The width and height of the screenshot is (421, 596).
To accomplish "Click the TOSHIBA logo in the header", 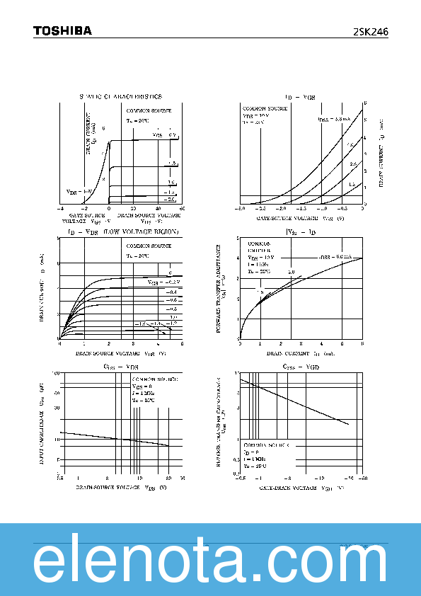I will point(62,31).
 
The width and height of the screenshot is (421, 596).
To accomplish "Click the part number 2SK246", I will point(370,32).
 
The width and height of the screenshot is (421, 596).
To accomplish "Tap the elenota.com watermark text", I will point(210,562).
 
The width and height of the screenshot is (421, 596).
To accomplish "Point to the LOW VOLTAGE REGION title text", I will point(142,232).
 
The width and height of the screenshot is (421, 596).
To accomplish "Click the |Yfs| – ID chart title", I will point(301,232).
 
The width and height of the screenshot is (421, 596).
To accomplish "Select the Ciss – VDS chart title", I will point(120,367).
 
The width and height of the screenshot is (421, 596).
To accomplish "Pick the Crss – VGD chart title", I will point(302,367).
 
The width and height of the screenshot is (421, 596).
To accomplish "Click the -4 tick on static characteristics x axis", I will point(61,209).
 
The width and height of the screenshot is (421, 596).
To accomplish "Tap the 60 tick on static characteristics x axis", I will point(182,209).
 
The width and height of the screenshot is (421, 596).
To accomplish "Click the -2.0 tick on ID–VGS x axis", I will point(281,210).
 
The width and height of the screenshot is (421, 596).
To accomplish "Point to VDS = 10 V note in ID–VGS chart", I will point(256,115).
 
